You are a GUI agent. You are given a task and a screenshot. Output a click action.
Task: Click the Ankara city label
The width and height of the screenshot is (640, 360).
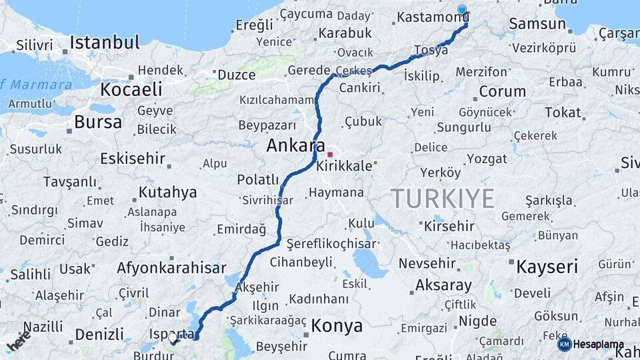(x=296, y=145)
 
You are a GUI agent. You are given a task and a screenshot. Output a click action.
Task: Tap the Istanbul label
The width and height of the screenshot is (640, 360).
(x=105, y=43)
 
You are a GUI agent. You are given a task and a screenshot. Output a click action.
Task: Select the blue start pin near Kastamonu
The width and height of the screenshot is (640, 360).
(x=462, y=10)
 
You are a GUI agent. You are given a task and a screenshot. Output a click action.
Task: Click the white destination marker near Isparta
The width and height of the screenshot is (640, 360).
(x=173, y=339)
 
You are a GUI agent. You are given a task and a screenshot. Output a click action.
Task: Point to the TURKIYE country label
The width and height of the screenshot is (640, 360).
(x=442, y=199)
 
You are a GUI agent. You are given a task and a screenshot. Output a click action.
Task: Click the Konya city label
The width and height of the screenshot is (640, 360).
(x=337, y=326)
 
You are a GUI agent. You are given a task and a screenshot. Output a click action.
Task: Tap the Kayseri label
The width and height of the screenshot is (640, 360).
(x=547, y=267)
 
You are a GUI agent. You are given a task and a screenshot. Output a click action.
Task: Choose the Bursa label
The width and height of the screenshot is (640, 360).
(x=98, y=122)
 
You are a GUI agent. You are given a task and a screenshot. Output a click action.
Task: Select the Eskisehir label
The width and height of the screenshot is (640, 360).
(x=133, y=159)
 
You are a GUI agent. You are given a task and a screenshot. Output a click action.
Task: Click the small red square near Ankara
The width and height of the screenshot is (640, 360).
(x=329, y=155)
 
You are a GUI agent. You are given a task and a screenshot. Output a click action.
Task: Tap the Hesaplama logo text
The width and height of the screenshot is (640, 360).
(x=598, y=345)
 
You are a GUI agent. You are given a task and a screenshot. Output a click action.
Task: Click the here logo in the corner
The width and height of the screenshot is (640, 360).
(x=18, y=341)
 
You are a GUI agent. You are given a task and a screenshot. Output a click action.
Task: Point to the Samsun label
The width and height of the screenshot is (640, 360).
(x=537, y=24)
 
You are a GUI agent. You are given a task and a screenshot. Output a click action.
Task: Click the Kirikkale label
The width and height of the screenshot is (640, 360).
(x=344, y=166)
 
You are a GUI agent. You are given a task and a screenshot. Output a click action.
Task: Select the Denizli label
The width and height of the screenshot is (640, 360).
(x=99, y=334)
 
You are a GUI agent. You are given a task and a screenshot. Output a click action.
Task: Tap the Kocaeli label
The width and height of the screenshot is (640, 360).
(x=131, y=89)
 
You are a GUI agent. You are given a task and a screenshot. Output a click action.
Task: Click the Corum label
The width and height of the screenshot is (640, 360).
(x=493, y=91)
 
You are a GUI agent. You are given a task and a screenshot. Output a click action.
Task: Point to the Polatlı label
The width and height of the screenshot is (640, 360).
(x=258, y=179)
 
